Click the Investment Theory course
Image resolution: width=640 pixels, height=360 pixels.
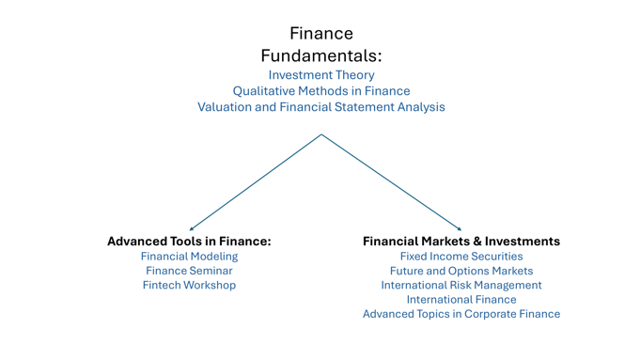point(321,75)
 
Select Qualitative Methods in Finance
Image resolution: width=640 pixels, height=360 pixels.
point(321,91)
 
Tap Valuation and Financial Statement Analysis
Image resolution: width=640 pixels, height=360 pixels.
point(321,107)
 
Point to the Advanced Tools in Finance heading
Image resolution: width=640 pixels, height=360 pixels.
point(189,242)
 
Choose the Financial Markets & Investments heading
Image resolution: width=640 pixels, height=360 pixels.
point(461,242)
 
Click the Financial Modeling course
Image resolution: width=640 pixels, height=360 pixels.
point(189,257)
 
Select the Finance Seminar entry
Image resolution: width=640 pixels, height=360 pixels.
point(189,271)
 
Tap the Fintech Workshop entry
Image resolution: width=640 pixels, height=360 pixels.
point(189,285)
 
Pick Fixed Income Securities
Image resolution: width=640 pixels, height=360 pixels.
point(461,257)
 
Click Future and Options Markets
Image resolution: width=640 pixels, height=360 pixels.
point(461,271)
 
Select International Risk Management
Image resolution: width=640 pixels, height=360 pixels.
point(461,285)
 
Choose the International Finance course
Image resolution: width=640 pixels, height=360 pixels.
point(461,300)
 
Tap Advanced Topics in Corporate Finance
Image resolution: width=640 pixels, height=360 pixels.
point(461,314)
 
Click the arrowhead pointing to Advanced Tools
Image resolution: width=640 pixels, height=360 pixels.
point(192,229)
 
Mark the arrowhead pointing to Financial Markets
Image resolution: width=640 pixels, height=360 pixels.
point(460,229)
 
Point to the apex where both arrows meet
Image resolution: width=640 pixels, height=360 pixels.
point(321,134)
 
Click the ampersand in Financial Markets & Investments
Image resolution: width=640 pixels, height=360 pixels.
point(477,242)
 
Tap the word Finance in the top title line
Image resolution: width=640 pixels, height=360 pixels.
point(321,34)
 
